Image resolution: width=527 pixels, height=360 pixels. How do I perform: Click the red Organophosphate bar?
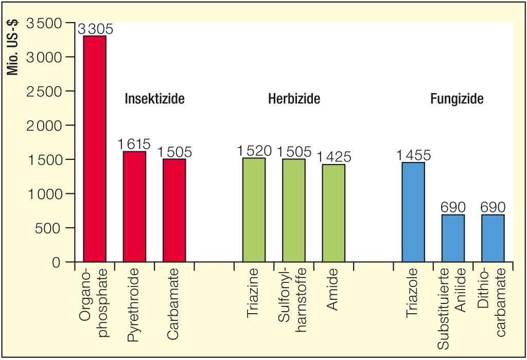coord(95,149)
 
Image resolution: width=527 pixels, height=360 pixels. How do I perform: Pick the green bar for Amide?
coord(333,213)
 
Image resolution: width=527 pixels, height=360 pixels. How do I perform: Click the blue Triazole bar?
coord(413,212)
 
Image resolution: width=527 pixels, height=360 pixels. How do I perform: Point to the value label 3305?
coord(95,29)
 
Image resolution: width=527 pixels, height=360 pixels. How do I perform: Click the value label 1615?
coord(134,145)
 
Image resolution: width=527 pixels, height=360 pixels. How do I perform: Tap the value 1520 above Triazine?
coord(254,151)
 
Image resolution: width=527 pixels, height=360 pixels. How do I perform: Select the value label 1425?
coord(334,157)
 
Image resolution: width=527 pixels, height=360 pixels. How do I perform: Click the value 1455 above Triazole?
coord(413,155)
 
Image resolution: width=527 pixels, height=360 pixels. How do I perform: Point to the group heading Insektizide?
coord(154,99)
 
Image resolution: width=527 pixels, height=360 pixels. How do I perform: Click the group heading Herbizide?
coord(294,99)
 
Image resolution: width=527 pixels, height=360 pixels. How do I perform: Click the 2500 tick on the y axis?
coord(43,92)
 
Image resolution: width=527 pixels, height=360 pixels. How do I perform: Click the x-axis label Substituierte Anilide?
coord(453,308)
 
